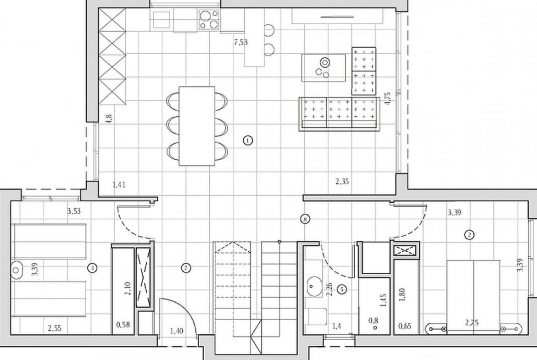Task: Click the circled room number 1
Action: click(248, 140)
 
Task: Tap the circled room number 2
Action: click(469, 234)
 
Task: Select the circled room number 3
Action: click(92, 268)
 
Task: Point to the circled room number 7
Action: click(185, 268)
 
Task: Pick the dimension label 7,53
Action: click(241, 43)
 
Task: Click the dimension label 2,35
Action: click(342, 181)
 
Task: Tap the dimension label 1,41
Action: click(119, 185)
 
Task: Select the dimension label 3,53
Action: click(74, 211)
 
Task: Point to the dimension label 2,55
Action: click(55, 328)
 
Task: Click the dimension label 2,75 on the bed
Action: click(471, 322)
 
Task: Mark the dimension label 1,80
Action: click(403, 294)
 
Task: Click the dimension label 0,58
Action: click(123, 324)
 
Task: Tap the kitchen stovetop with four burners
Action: click(209, 20)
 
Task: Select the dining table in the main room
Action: click(197, 126)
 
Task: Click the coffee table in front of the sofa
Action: click(323, 68)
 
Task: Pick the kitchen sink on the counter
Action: click(162, 19)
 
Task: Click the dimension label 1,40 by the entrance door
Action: click(177, 331)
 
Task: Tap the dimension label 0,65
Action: click(405, 326)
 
